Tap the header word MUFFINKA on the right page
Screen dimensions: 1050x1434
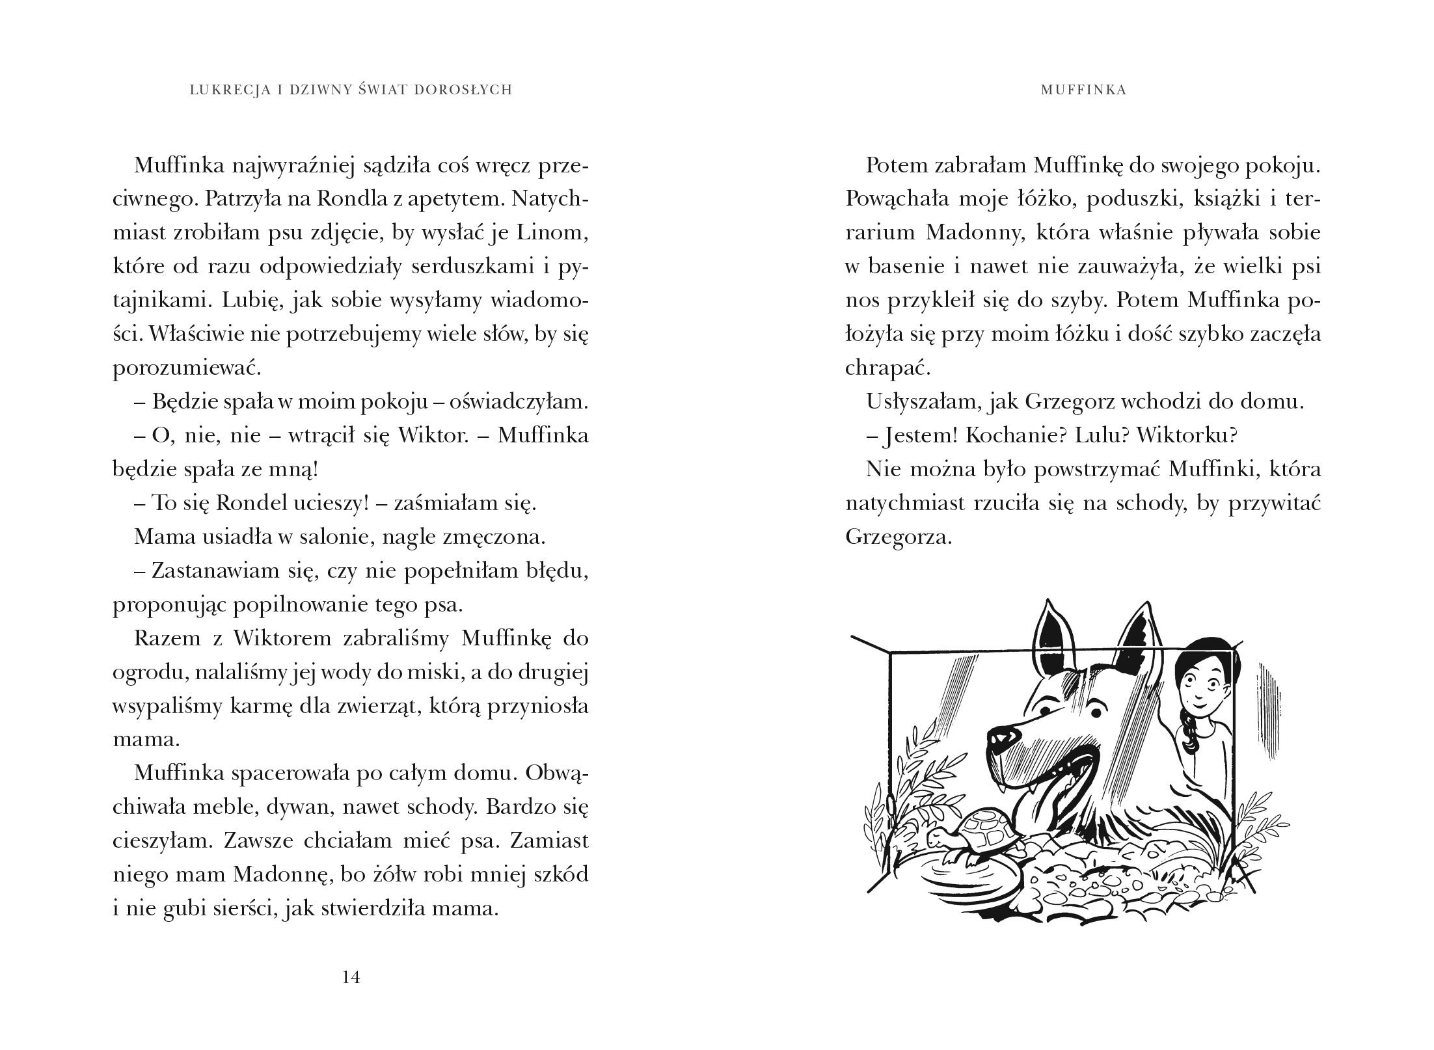point(1083,90)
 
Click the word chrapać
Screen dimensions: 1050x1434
point(888,368)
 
